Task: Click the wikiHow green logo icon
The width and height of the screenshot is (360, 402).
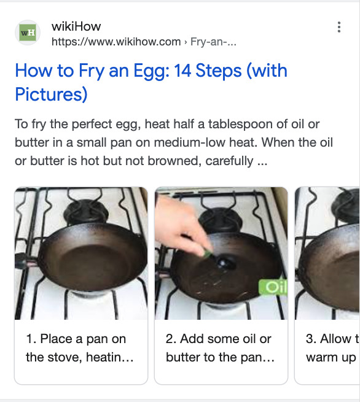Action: point(28,34)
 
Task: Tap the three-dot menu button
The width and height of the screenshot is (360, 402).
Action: point(338,28)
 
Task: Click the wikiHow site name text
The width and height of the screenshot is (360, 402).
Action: point(76,26)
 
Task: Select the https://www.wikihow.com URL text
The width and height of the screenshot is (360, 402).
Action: point(116,42)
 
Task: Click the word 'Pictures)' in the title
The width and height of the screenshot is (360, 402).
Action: point(51,95)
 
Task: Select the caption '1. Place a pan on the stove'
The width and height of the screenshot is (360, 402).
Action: point(80,348)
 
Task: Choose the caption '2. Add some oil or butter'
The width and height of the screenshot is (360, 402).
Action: point(220,348)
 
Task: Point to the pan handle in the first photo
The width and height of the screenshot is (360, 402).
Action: point(22,265)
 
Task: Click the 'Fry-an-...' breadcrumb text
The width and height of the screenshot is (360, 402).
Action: point(213,42)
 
